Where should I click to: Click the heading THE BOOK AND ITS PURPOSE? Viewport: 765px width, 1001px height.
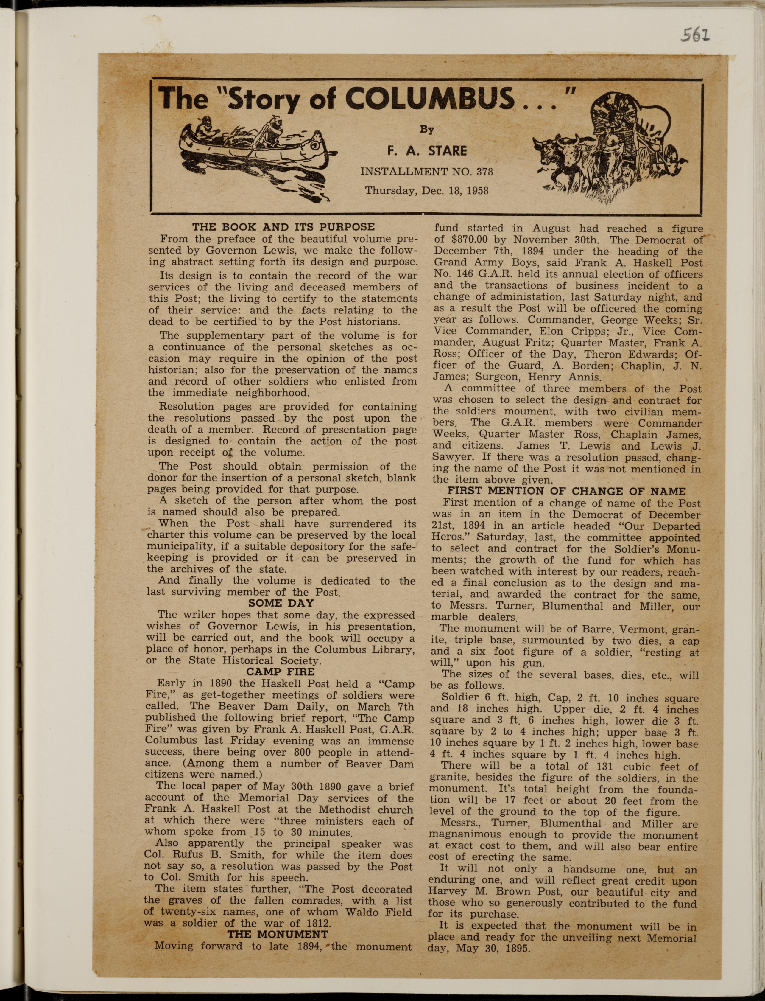point(283,226)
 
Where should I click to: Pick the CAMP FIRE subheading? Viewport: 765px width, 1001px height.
point(281,672)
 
